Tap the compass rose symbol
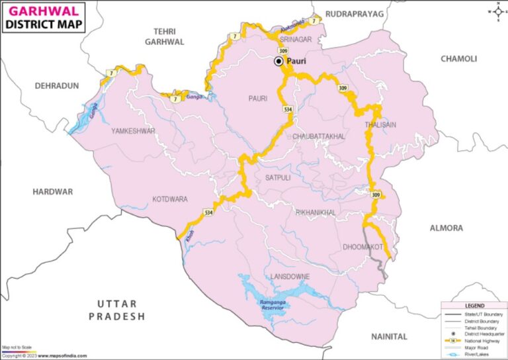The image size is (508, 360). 497,11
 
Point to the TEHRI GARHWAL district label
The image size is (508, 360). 169,36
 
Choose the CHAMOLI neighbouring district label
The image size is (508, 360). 458,59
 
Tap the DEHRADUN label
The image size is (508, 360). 57,86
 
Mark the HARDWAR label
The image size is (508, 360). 52,191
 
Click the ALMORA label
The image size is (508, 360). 446,228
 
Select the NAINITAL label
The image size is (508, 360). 389,337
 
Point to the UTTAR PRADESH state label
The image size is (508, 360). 117,310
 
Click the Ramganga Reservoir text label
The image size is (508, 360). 272,304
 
